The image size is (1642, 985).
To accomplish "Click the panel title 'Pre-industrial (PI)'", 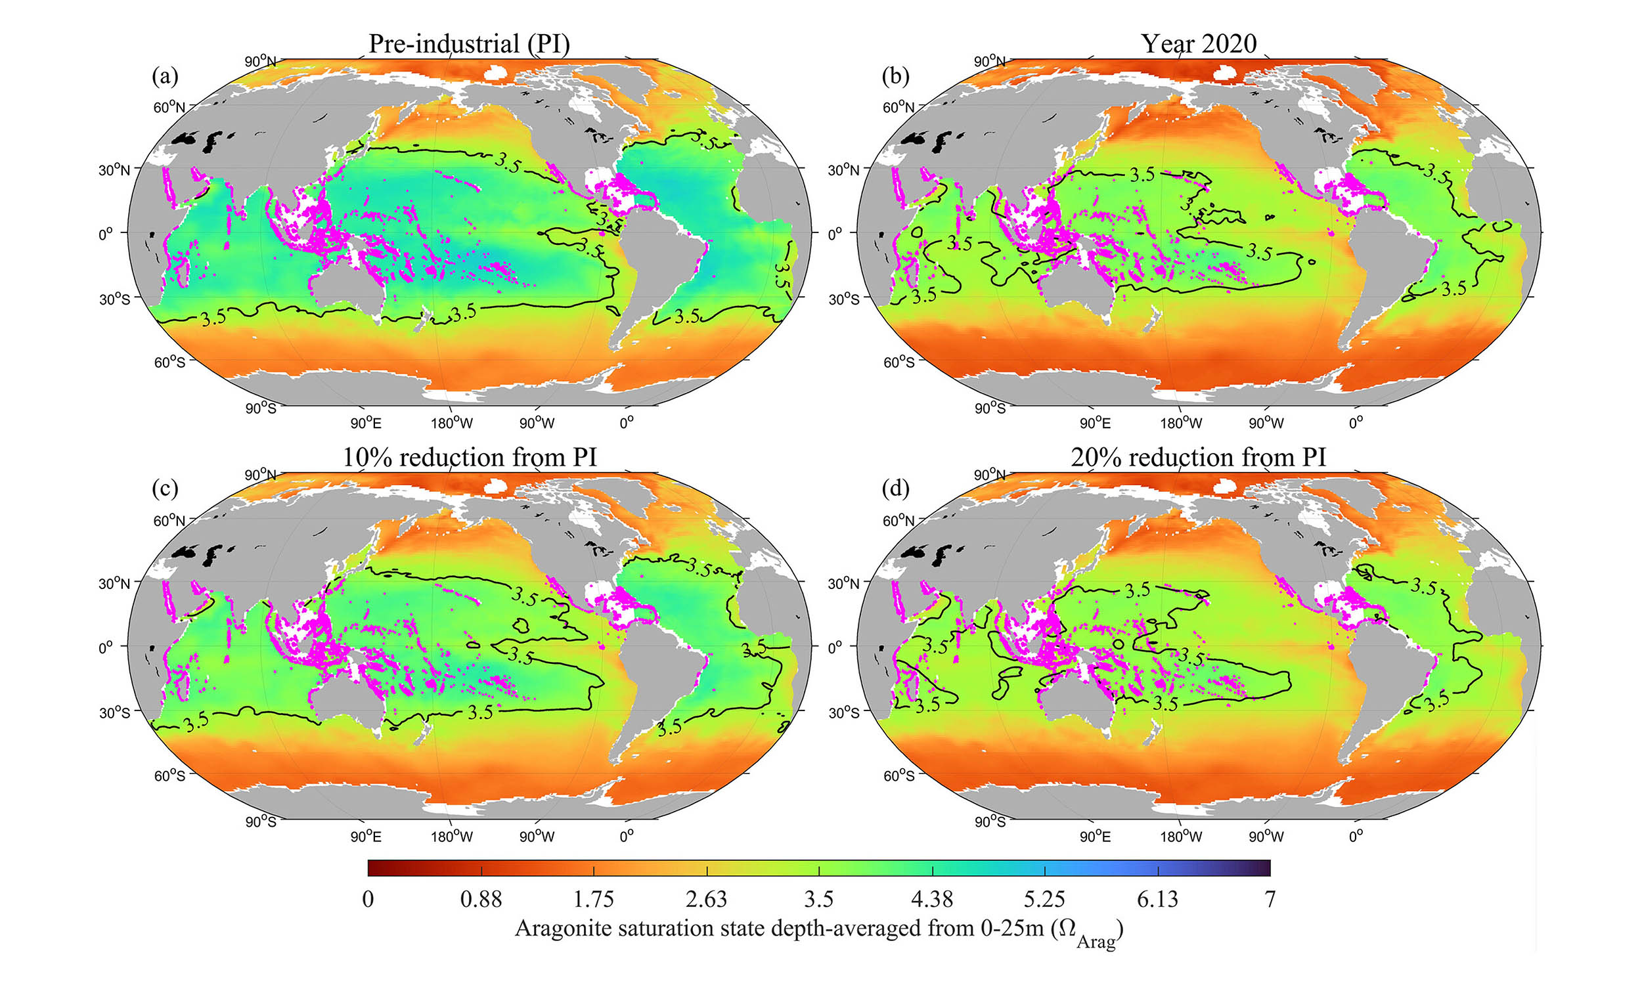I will tap(468, 44).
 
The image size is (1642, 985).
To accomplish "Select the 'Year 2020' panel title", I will tap(1199, 44).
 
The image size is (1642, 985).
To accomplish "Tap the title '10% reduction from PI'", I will tap(468, 457).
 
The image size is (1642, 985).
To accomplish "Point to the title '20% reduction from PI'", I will tap(1199, 457).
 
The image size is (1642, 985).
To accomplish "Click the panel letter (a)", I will tap(165, 76).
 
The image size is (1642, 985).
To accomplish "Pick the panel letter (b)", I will tap(895, 76).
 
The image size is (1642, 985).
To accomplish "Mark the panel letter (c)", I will tap(165, 489).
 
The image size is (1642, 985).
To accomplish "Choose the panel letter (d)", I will tap(895, 489).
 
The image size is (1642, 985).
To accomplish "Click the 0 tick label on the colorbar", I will tap(368, 899).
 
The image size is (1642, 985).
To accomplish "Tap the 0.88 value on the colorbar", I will tap(481, 899).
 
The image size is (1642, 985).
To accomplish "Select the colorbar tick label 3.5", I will tap(818, 899).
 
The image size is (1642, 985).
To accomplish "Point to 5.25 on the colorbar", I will tap(1045, 899).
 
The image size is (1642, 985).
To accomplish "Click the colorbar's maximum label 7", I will tap(1270, 899).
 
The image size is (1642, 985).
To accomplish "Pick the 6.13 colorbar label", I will tap(1157, 899).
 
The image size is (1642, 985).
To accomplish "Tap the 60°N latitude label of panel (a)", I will tap(169, 107).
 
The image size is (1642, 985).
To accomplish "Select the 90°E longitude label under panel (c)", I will tap(365, 837).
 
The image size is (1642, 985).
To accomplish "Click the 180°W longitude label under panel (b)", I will tap(1182, 423).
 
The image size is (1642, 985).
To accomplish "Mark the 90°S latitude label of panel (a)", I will tap(260, 408).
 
